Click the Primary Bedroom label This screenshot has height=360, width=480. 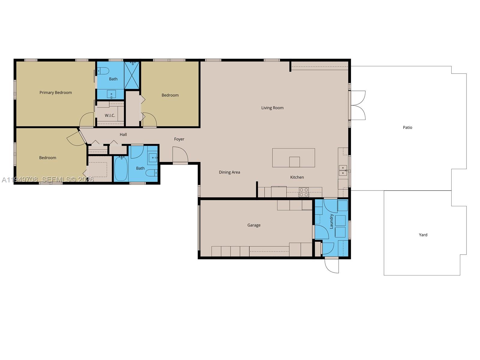point(55,92)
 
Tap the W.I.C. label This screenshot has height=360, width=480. point(110,115)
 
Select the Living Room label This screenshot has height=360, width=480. point(272,108)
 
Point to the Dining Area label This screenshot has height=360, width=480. point(229,172)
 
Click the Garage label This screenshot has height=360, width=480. point(254,225)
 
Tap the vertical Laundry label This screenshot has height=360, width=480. point(331,221)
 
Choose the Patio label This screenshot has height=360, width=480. point(407,127)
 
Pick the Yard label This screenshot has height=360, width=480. point(423,235)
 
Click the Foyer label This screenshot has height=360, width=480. point(179,139)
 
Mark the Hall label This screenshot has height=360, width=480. point(123,135)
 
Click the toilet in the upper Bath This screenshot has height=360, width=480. point(103,71)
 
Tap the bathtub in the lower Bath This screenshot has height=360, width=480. point(121,169)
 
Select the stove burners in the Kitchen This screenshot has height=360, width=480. point(304,192)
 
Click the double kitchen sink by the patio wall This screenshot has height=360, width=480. point(343,170)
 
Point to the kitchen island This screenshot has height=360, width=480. point(293,157)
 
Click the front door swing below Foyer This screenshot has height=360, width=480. point(180,155)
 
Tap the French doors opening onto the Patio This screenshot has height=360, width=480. point(358,105)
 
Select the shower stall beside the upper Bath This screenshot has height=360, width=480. point(132,75)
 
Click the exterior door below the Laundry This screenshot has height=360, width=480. point(332,265)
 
